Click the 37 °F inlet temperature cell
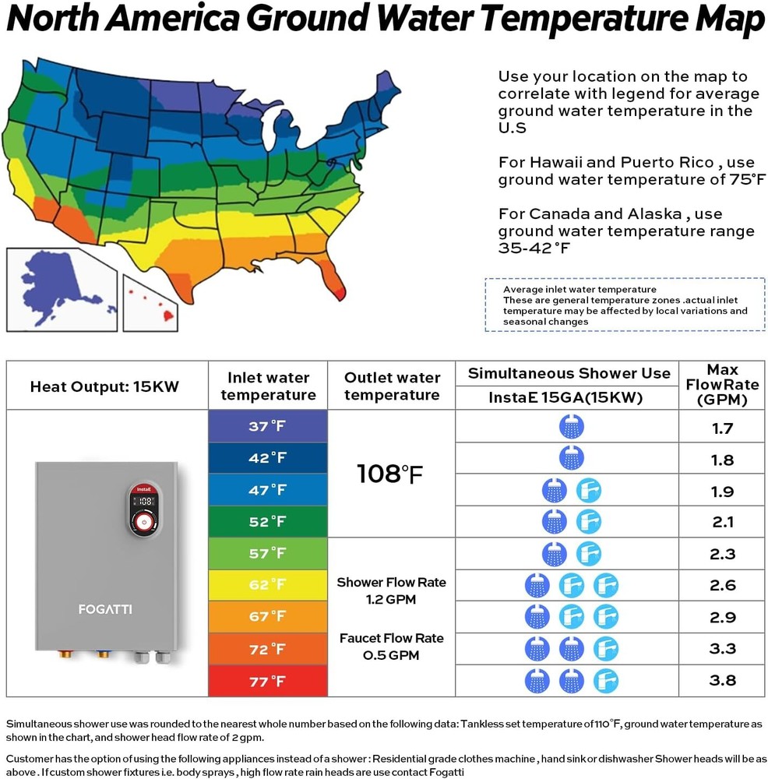[267, 426]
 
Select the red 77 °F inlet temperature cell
[267, 682]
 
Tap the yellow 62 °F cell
[267, 585]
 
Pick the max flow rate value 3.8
[722, 680]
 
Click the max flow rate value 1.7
[722, 428]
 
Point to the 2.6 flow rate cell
[722, 585]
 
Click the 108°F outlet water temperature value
[390, 473]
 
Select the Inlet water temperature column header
[267, 386]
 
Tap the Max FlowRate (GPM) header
[722, 385]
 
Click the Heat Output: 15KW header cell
[104, 386]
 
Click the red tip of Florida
[336, 291]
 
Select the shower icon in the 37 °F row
[571, 427]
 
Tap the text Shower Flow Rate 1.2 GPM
[390, 591]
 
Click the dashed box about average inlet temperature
[625, 305]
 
